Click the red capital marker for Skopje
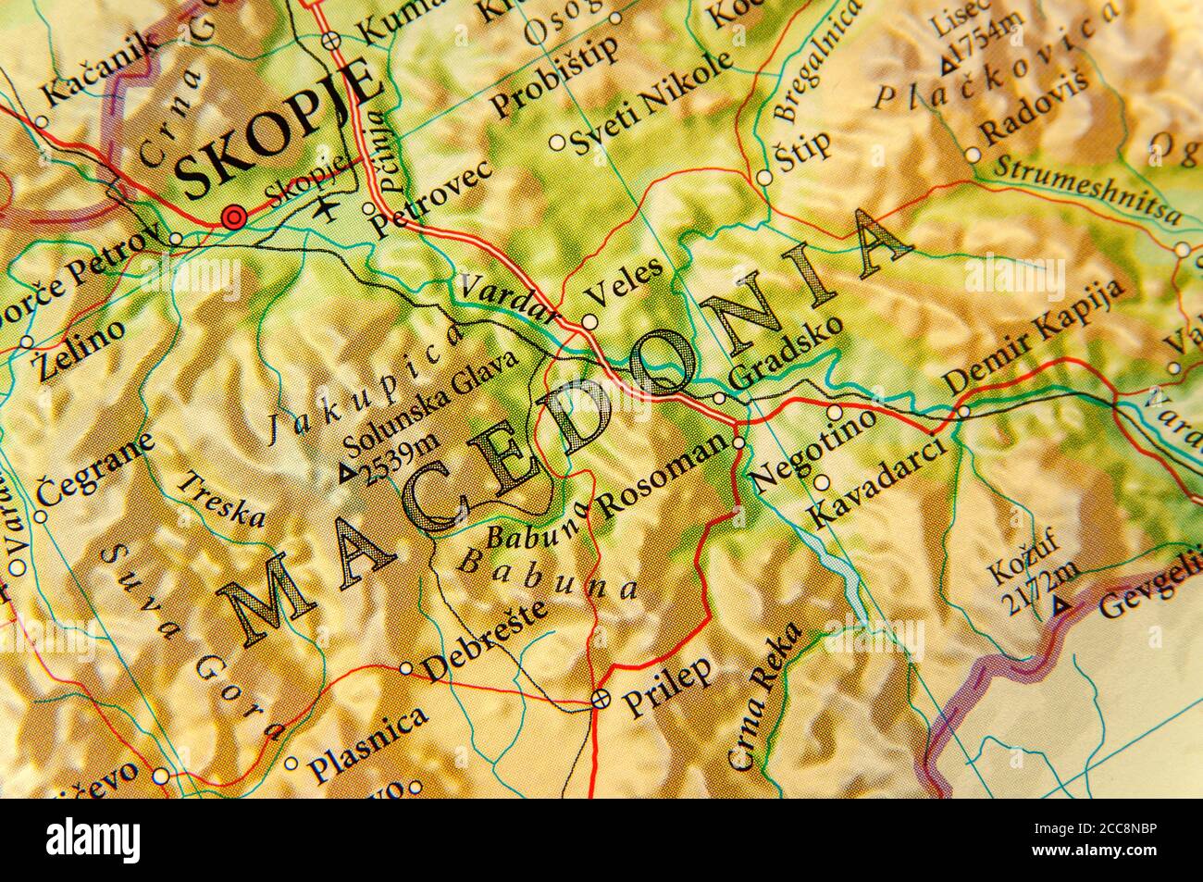pos(234,218)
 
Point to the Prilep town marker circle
pos(601,699)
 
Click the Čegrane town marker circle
pos(41,516)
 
